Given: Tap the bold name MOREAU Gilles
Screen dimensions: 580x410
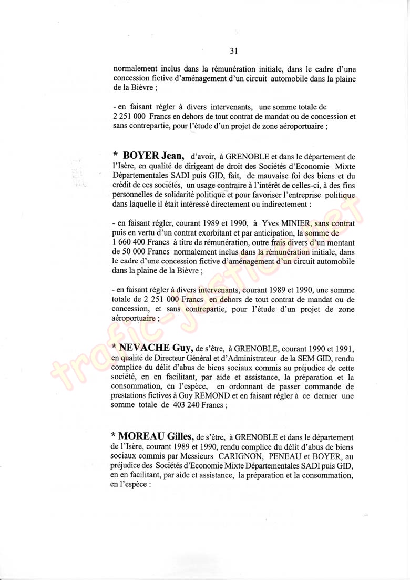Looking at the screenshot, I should point(152,435).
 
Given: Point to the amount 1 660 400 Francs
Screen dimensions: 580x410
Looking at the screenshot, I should point(140,242).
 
